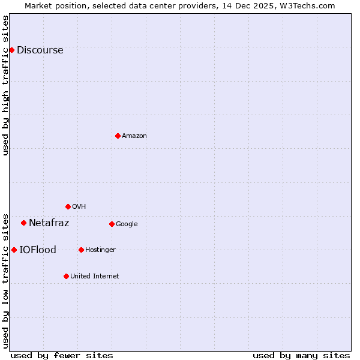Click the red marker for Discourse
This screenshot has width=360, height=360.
click(11, 50)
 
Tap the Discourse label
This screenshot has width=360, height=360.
click(40, 50)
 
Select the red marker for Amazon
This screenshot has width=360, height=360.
click(118, 136)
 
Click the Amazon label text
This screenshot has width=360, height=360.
click(134, 136)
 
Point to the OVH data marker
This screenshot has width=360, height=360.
click(68, 206)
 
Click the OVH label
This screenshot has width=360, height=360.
click(79, 207)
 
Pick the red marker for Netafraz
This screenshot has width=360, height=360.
click(23, 223)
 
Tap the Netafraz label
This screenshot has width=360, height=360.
click(49, 223)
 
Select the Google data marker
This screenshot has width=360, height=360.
click(112, 224)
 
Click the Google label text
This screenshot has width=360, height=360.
click(127, 224)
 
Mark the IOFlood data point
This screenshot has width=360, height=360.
click(14, 250)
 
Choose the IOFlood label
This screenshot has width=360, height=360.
click(37, 250)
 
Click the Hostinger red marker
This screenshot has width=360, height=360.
click(81, 250)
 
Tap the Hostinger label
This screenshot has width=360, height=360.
click(100, 250)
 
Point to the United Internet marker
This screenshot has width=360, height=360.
click(66, 276)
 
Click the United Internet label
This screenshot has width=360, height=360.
click(94, 277)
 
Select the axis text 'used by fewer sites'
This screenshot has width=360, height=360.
click(62, 355)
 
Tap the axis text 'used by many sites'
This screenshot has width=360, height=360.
click(301, 355)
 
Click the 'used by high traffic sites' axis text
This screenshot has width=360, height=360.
click(6, 85)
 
